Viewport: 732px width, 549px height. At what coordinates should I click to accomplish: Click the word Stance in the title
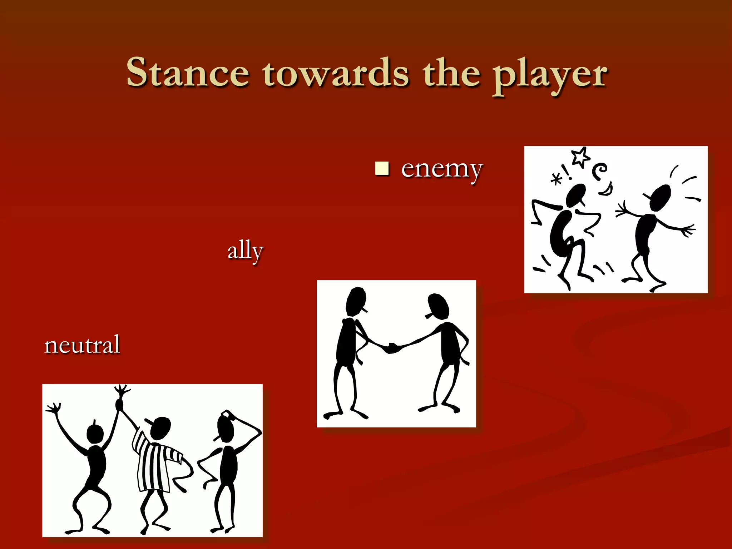(188, 73)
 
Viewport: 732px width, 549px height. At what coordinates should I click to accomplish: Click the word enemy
(442, 169)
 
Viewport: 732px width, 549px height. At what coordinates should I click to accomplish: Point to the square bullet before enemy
(382, 168)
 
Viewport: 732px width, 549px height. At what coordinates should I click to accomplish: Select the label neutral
(82, 345)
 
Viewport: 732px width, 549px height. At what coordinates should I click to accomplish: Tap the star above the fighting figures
(580, 157)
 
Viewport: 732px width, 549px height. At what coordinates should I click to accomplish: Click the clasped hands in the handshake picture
(392, 347)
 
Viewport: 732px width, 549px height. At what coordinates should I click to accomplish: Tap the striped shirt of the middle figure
(154, 465)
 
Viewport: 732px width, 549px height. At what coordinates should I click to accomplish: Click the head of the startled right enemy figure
(660, 197)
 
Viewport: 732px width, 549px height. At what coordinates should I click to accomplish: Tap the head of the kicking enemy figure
(576, 195)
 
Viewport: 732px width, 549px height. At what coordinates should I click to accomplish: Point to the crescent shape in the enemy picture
(607, 189)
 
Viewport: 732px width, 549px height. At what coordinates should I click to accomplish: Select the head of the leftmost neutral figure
(95, 434)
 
